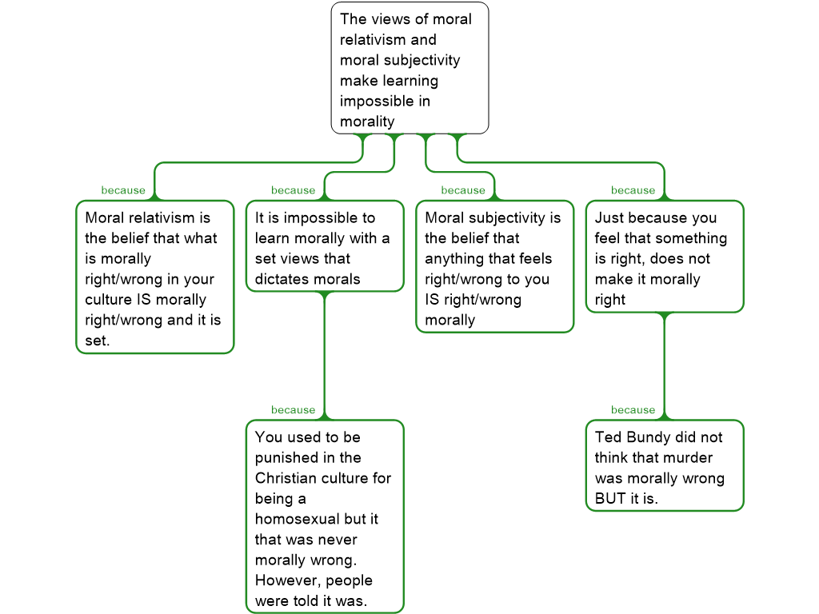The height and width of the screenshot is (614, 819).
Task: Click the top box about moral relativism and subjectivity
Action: coord(409,69)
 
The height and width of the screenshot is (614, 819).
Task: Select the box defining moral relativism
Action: coord(154,277)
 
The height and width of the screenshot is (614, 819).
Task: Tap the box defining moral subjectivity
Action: coord(494,267)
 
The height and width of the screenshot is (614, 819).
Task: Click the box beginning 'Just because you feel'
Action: coord(664,257)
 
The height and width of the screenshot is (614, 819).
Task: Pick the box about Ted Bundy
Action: coord(664,466)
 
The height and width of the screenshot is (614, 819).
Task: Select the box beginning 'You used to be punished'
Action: coord(324,516)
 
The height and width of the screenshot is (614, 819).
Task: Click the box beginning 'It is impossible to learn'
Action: coord(324,246)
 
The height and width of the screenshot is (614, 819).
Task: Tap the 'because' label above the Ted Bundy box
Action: coord(633,410)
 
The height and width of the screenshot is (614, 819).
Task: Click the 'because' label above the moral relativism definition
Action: coord(123,190)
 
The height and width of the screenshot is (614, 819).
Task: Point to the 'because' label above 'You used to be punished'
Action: coord(293,410)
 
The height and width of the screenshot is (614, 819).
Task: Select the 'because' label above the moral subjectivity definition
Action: coord(463,190)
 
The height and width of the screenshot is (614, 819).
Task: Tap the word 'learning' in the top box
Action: coord(409,81)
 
